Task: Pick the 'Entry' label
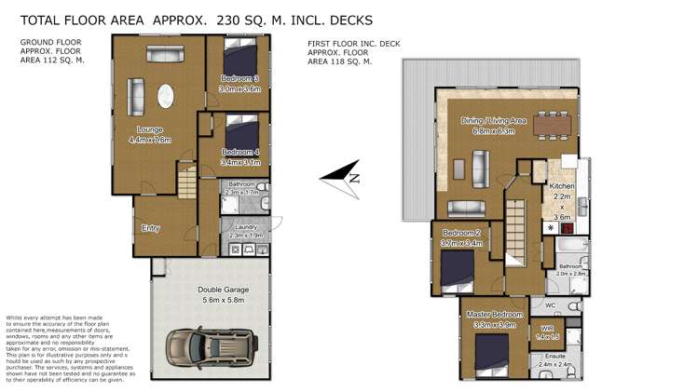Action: [x=149, y=228]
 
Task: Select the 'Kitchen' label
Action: [x=561, y=187]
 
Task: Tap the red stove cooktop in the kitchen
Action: [x=567, y=226]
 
